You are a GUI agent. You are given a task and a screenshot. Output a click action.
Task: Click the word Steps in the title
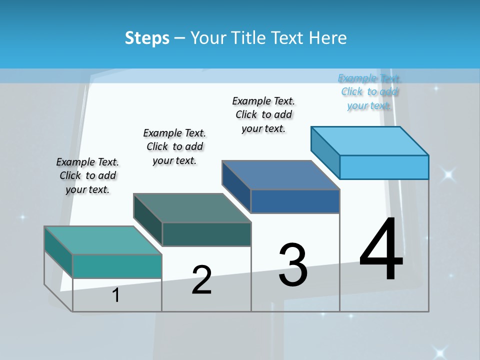click(147, 38)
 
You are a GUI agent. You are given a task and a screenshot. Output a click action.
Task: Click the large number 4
click(381, 250)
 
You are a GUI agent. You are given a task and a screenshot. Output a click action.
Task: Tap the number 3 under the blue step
click(293, 265)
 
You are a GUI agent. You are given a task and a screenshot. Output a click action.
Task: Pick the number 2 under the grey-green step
click(201, 280)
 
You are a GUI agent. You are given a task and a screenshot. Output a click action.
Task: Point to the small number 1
click(115, 295)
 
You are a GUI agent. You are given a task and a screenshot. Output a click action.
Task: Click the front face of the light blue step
click(384, 167)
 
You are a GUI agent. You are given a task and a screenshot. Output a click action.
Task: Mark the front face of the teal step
click(117, 266)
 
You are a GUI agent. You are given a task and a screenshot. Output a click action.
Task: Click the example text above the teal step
click(87, 175)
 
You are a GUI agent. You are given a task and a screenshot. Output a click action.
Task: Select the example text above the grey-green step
click(174, 146)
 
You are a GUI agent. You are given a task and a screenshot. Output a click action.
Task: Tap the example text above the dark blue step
click(263, 114)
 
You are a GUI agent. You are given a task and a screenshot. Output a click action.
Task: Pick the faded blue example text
click(369, 91)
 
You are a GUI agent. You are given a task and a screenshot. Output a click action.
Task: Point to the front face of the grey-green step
click(206, 234)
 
